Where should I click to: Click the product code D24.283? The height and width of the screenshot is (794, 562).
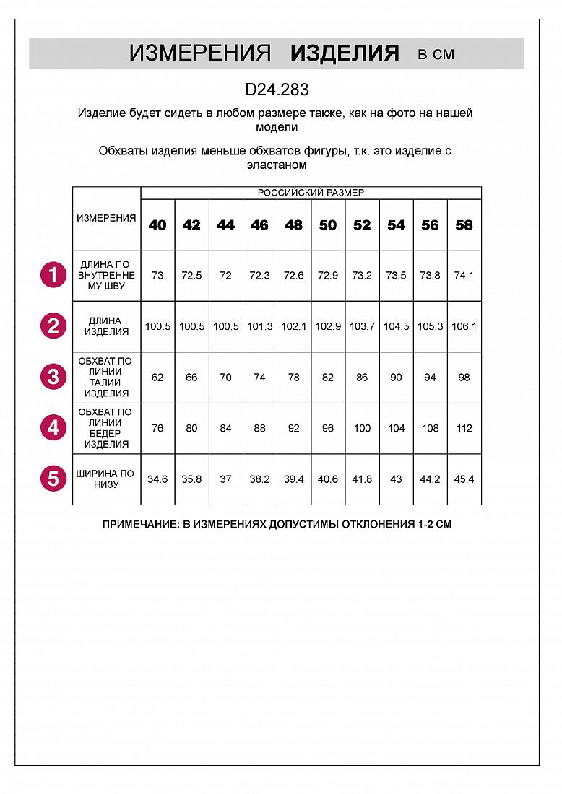click(277, 90)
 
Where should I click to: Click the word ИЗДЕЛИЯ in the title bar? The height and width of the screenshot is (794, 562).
click(345, 53)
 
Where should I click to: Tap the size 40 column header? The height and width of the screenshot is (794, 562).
click(157, 225)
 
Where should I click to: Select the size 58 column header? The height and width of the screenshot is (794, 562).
click(464, 225)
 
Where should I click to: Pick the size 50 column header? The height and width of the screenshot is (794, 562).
click(328, 225)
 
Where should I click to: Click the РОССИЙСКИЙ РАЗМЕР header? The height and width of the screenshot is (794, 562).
click(311, 193)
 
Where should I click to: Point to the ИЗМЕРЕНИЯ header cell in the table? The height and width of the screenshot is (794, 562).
click(106, 218)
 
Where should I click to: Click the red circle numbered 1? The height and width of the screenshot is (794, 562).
click(53, 276)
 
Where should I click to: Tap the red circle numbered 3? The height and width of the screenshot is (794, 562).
click(53, 377)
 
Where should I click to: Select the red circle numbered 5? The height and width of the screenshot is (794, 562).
click(53, 479)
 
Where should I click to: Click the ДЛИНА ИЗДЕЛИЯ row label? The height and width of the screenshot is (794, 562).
click(106, 326)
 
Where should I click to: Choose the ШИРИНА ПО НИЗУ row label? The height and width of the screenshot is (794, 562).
click(106, 479)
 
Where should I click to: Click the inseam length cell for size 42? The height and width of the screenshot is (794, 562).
click(191, 276)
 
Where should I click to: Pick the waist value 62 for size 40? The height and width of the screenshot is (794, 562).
click(157, 377)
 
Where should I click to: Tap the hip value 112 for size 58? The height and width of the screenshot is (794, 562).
click(464, 428)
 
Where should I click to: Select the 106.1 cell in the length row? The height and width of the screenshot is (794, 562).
click(464, 326)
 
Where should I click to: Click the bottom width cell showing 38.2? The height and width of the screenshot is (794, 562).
click(259, 479)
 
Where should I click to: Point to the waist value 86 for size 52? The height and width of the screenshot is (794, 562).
click(362, 377)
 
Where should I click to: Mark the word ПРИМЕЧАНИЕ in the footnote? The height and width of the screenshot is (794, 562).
click(137, 524)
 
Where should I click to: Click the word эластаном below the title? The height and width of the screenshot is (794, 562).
click(277, 165)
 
